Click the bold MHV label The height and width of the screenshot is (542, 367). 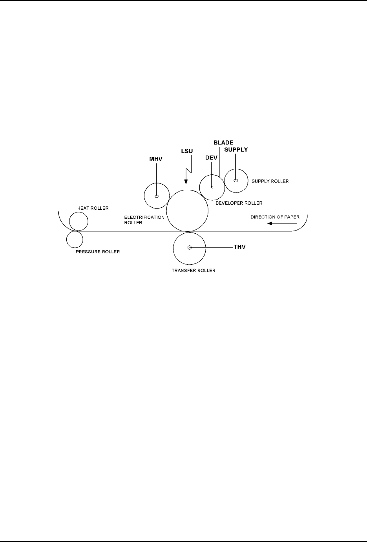tap(156, 159)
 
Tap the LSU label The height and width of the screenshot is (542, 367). tap(186, 151)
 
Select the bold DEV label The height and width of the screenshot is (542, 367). tap(211, 157)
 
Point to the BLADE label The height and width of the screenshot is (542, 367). tap(223, 143)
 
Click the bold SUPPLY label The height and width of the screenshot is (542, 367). tap(236, 149)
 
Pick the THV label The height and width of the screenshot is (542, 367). tap(239, 247)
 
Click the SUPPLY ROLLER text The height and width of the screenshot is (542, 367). tap(270, 181)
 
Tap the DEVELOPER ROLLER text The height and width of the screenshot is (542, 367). tap(239, 203)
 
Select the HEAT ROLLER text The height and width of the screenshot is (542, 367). tap(93, 208)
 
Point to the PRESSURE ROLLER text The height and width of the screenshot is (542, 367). tap(98, 252)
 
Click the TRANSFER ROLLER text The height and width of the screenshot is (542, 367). tap(194, 271)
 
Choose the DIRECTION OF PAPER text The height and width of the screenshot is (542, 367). tap(275, 217)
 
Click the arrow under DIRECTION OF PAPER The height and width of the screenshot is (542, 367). tap(282, 223)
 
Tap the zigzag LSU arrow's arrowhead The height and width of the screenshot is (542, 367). tap(186, 182)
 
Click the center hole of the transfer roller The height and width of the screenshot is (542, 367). tap(190, 247)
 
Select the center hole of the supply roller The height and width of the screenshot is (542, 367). tap(236, 181)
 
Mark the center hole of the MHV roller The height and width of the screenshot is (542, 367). tap(157, 196)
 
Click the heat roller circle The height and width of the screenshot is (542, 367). tap(79, 221)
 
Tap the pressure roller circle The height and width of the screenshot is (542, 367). tap(75, 240)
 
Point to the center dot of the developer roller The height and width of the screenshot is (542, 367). tap(212, 187)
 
